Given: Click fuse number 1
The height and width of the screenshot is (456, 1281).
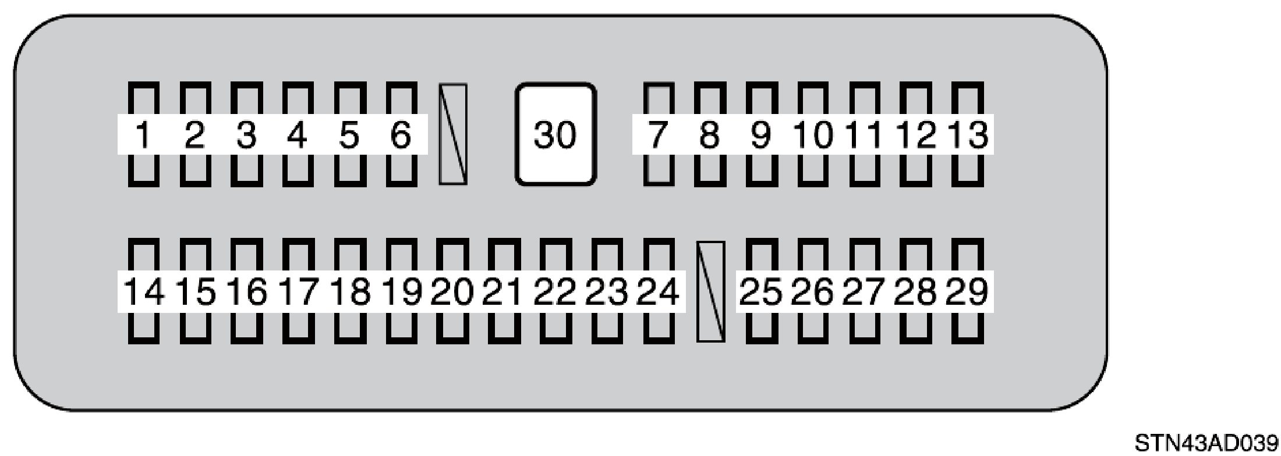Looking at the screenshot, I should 143,134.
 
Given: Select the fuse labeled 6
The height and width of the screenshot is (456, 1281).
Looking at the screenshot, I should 401,134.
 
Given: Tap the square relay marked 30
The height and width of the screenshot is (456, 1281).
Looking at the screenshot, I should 555,134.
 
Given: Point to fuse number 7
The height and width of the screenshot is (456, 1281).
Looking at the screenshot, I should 658,134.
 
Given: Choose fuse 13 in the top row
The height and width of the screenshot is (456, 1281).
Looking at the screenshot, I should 968,134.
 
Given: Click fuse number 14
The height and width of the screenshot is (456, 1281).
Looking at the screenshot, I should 143,290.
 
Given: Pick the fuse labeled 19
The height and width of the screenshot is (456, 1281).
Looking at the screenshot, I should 401,290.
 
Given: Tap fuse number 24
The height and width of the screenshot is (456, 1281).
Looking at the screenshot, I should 658,290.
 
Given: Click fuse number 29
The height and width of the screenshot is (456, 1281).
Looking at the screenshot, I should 968,290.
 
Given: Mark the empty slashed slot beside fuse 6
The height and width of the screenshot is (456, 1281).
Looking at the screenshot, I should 453,134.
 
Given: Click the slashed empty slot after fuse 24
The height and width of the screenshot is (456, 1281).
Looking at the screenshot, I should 710,291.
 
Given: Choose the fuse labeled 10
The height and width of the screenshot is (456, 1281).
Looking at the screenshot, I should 813,134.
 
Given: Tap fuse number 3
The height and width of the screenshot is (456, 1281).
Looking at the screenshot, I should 246,134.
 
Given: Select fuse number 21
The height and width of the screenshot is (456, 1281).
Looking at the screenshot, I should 504,290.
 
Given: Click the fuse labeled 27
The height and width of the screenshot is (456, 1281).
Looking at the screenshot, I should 864,290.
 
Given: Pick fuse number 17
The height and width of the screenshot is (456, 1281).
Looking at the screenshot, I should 298,290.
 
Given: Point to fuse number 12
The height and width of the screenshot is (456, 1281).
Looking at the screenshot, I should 916,134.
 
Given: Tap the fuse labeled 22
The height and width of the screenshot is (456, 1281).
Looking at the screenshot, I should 555,290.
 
